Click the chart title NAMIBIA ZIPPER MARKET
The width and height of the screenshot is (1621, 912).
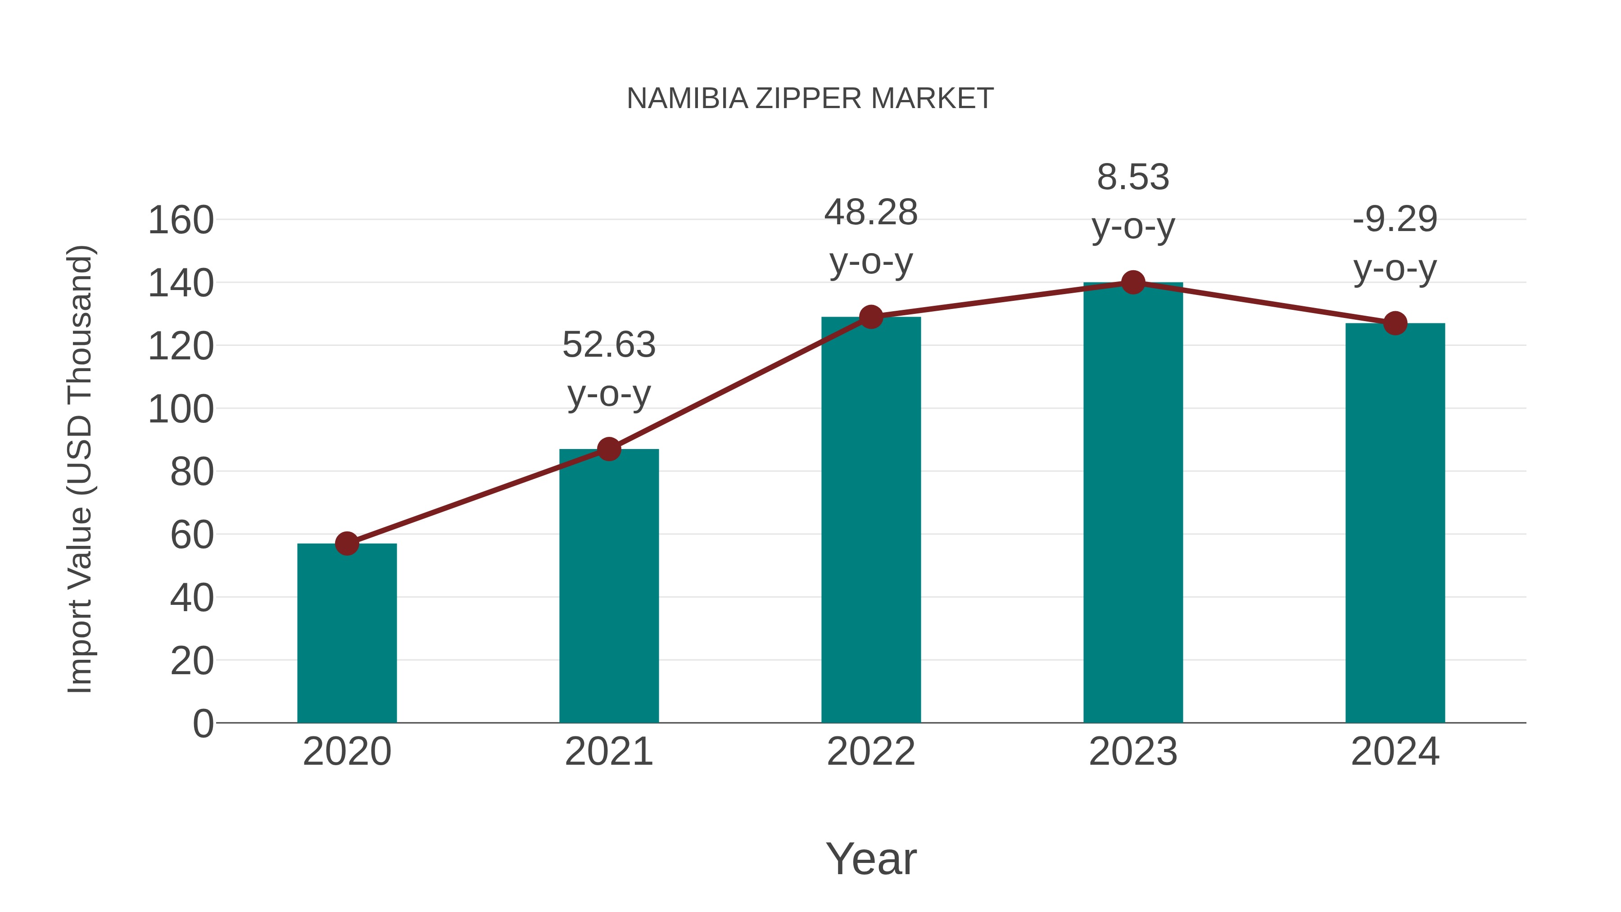[810, 99]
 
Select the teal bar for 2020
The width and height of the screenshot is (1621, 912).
[347, 633]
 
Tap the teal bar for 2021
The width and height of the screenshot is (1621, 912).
[608, 585]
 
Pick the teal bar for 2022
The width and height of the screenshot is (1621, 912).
[871, 519]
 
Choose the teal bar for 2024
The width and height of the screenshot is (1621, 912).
[1395, 522]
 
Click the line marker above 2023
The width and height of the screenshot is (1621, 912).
[1133, 282]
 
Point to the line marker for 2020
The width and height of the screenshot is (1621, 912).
[347, 543]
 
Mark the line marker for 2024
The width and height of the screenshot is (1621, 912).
[1395, 323]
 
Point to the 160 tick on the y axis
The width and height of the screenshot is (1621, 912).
[181, 221]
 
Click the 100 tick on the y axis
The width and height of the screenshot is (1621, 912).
[181, 410]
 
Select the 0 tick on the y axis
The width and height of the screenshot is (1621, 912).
[203, 724]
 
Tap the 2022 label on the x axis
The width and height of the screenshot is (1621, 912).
[871, 752]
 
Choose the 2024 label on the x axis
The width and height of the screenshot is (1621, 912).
[1395, 752]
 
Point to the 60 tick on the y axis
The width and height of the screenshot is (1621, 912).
[191, 535]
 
